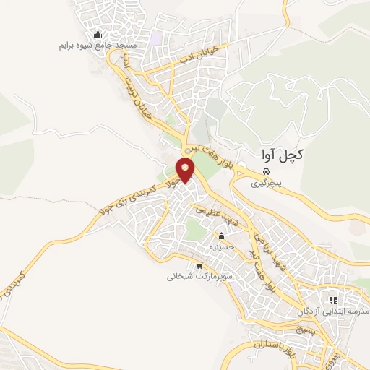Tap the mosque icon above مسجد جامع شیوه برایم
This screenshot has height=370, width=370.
[98, 35]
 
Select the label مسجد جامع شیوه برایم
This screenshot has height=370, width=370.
[98, 45]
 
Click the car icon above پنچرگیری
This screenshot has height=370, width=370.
[267, 172]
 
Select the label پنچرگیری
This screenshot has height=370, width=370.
[267, 184]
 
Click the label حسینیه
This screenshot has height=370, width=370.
[221, 246]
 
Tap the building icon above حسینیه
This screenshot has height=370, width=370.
[221, 236]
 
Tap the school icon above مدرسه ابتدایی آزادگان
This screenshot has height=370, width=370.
[333, 299]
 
